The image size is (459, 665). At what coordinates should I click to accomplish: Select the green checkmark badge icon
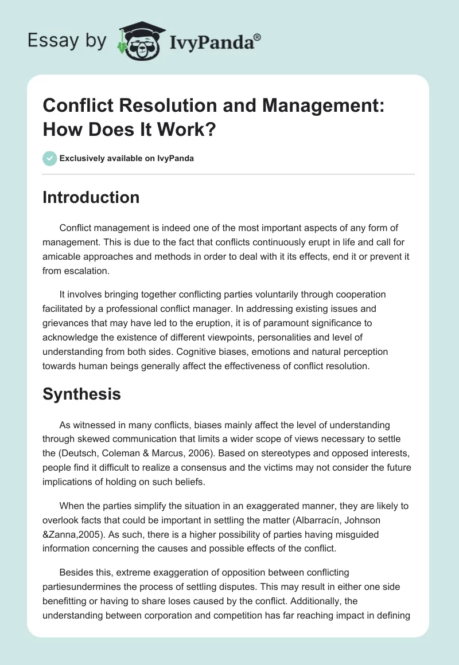pyautogui.click(x=49, y=158)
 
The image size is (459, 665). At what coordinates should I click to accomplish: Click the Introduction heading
pyautogui.click(x=91, y=198)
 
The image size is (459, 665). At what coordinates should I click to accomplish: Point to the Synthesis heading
pyautogui.click(x=81, y=394)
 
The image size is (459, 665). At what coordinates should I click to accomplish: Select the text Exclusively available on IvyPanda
pyautogui.click(x=126, y=158)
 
